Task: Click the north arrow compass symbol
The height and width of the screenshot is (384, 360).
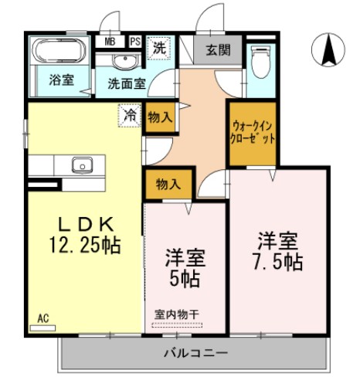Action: click(328, 51)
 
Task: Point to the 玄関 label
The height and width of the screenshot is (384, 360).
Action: click(218, 51)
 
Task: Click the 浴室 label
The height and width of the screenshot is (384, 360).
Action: click(60, 80)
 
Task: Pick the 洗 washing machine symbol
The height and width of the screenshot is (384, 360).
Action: click(158, 46)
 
